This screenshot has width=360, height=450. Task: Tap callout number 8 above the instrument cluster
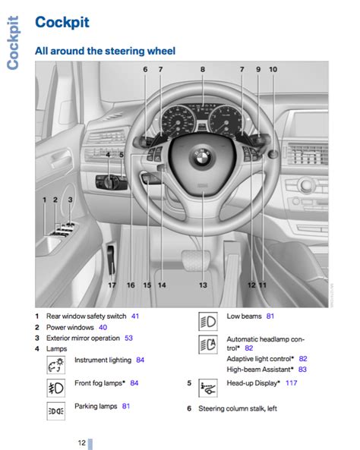coord(203,70)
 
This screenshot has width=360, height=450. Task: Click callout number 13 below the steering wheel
coord(203,285)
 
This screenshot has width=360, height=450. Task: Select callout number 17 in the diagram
coord(112,285)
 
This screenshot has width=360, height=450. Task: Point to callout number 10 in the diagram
coord(273,70)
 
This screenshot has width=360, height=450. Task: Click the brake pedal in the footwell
coord(196,260)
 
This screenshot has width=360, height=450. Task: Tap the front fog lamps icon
coord(56,388)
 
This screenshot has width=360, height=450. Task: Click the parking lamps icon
coord(56,411)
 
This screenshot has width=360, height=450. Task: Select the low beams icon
coord(208,322)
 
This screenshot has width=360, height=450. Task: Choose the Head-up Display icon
coord(208,388)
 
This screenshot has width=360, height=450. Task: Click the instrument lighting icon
coord(56,365)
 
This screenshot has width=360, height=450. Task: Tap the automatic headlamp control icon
coord(208,345)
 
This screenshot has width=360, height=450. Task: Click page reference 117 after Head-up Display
coord(291,383)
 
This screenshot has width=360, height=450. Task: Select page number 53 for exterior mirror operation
coord(128,338)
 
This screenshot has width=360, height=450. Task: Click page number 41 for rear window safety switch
coord(135,316)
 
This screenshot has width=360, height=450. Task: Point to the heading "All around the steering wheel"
coord(105,51)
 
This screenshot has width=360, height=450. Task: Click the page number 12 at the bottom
coord(81,442)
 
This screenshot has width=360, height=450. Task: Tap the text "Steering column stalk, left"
coord(238,408)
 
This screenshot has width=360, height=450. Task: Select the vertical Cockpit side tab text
coord(13,42)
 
